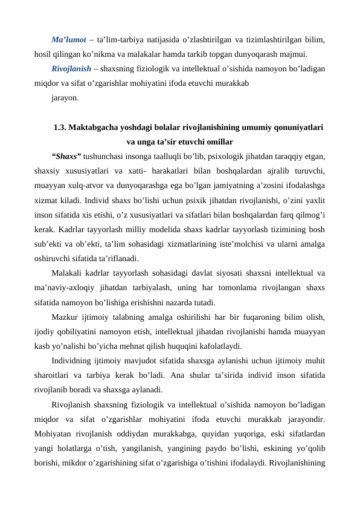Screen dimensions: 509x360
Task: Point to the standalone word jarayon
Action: [x=64, y=96]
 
